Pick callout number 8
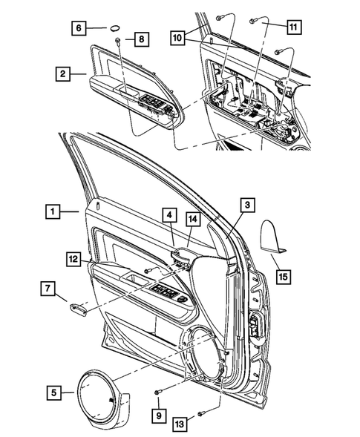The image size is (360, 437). [140, 39]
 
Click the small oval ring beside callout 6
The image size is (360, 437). [116, 27]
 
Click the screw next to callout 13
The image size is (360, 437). [202, 413]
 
